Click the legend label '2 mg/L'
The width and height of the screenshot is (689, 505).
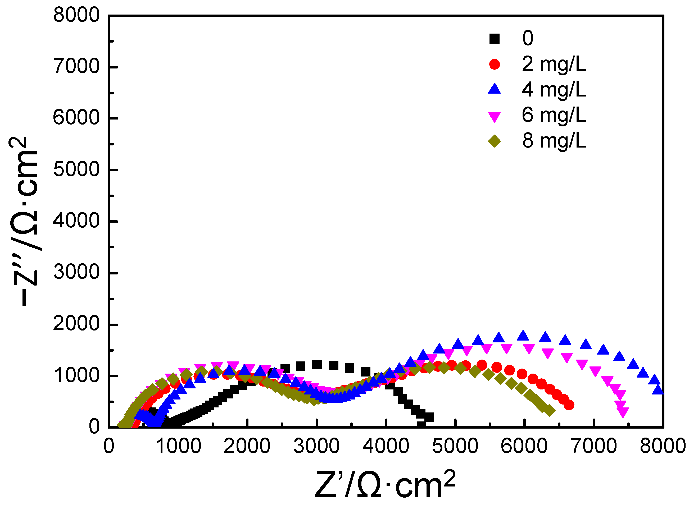[554, 64]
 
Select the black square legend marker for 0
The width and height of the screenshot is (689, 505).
[495, 39]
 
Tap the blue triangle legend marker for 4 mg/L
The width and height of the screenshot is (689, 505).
[495, 89]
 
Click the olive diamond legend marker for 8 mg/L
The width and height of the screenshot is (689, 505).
[495, 141]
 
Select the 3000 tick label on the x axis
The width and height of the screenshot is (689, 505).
[316, 446]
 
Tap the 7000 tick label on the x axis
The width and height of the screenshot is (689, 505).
[593, 446]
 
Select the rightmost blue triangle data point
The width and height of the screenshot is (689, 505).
[658, 390]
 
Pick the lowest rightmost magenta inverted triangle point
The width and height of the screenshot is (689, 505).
[623, 413]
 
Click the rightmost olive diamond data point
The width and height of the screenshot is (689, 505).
[550, 411]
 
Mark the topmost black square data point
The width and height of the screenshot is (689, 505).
[317, 364]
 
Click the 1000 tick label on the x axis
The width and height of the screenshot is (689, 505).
[178, 446]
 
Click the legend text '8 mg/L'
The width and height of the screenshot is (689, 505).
[554, 141]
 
